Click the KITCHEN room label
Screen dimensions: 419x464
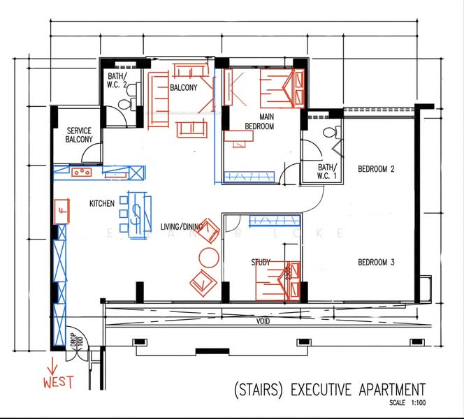[101, 204]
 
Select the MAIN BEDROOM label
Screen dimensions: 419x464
[259, 122]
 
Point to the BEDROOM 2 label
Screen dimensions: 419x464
[377, 169]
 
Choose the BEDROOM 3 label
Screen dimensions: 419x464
[377, 263]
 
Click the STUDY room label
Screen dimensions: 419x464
[261, 263]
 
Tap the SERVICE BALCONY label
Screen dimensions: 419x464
[79, 135]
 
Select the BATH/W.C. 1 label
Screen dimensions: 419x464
[326, 172]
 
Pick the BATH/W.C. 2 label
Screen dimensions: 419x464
[117, 80]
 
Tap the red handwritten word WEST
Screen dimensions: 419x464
[58, 383]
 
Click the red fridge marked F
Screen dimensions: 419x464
[62, 209]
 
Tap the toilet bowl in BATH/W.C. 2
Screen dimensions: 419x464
[124, 105]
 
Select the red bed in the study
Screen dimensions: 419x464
[280, 279]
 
